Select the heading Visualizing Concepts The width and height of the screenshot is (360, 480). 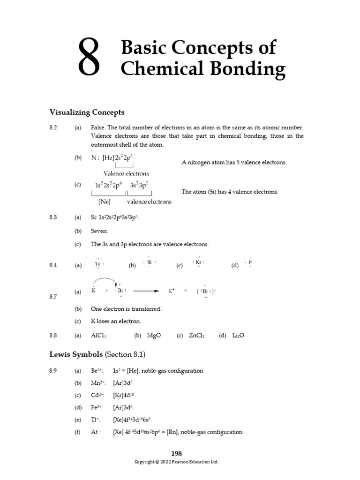tap(87, 112)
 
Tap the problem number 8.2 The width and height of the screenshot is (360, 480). tap(53, 127)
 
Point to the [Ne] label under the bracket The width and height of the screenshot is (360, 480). tap(104, 202)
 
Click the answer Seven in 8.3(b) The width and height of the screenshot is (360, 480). tap(99, 231)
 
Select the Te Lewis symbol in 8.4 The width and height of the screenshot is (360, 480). tap(97, 264)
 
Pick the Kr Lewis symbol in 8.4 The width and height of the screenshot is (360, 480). tap(198, 262)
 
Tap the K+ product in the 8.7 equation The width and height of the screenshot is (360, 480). tap(172, 291)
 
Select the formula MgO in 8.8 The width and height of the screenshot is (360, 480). tap(154, 336)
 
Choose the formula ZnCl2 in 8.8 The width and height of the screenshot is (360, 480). tap(196, 336)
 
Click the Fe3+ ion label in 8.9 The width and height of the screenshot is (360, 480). tap(97, 407)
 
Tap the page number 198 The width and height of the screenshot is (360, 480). tap(176, 453)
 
